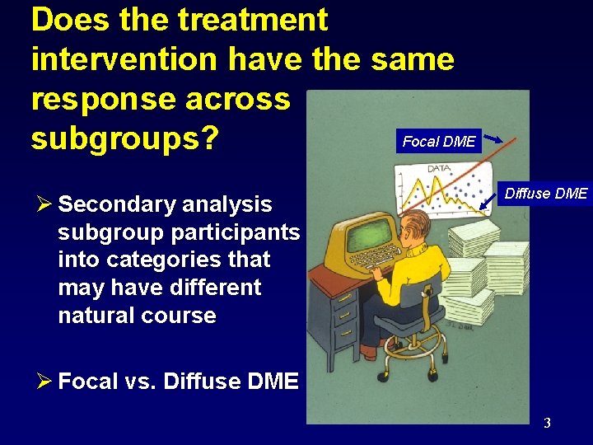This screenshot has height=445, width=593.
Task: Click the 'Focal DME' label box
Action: pos(438,141)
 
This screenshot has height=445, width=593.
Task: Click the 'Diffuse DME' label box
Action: pos(546,194)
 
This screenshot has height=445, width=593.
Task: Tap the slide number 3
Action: pos(547,424)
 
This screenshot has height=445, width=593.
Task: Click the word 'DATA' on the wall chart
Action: pos(438,169)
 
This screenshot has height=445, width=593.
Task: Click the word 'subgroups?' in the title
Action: pos(124,138)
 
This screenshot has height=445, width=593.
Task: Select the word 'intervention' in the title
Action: pos(124,59)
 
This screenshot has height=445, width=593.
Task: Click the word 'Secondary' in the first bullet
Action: pos(111,204)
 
